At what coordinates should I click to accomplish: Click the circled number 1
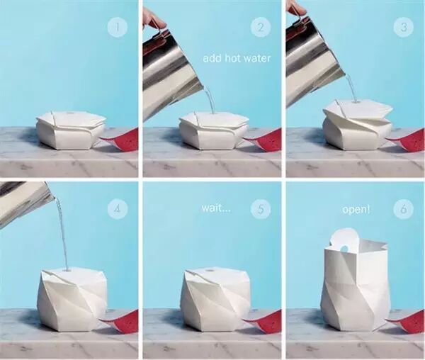click(118, 28)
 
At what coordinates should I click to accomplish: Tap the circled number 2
click(261, 28)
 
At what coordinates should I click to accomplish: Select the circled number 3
click(404, 28)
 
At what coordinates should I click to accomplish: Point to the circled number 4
click(118, 209)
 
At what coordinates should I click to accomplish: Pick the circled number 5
click(261, 209)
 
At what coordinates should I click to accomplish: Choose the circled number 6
click(404, 209)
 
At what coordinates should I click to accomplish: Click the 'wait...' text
click(216, 208)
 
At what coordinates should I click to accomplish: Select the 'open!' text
click(356, 210)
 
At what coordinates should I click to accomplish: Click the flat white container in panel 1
click(71, 130)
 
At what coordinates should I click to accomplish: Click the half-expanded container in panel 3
click(357, 124)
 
